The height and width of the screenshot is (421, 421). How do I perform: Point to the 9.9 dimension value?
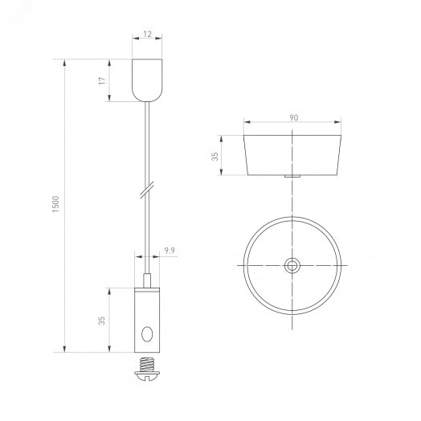pyautogui.click(x=170, y=251)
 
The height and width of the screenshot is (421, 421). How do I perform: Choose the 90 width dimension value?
pyautogui.click(x=294, y=117)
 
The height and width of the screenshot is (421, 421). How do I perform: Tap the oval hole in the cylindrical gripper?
pyautogui.click(x=146, y=333)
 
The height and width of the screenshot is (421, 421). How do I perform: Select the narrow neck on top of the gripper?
pyautogui.click(x=146, y=280)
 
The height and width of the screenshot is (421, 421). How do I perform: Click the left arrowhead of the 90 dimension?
pyautogui.click(x=245, y=123)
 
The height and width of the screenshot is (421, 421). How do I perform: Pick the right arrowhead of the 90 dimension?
pyautogui.click(x=343, y=123)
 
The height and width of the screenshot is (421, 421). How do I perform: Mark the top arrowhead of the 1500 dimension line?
pyautogui.click(x=63, y=59)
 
